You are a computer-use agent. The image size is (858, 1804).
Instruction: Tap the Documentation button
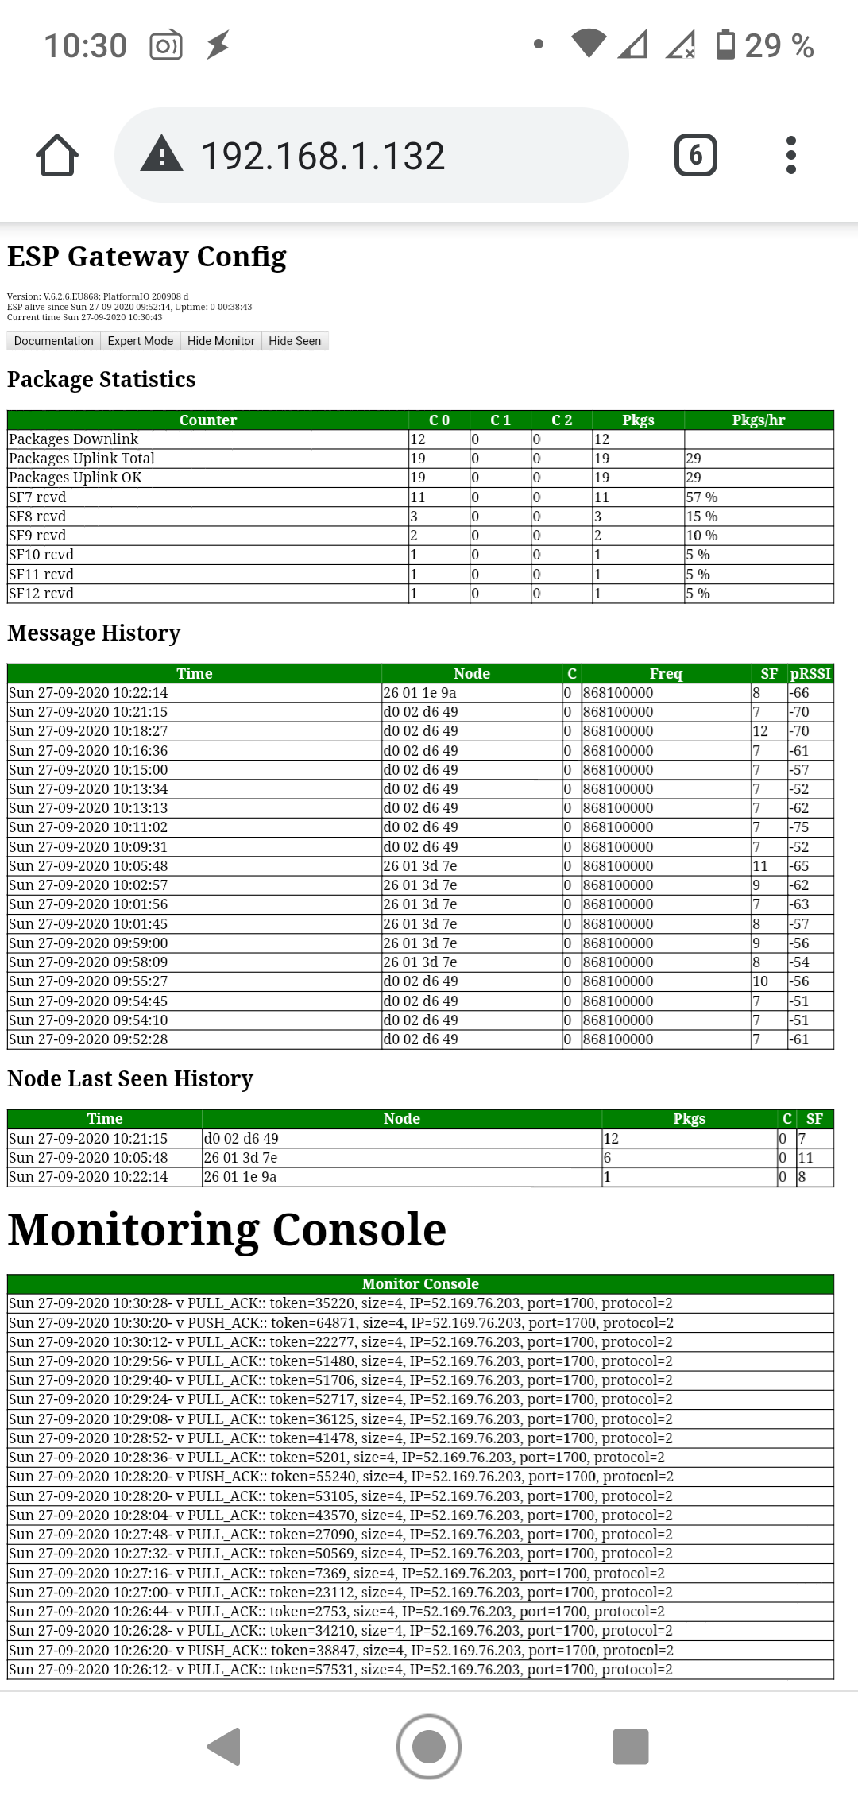(53, 341)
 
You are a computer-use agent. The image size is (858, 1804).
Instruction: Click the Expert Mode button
(141, 341)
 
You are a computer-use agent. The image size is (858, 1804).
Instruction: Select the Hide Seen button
(295, 341)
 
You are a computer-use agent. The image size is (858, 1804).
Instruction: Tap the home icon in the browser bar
(57, 155)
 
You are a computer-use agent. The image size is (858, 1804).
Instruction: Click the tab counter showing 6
(695, 155)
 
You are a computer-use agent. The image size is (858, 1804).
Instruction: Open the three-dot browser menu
(790, 155)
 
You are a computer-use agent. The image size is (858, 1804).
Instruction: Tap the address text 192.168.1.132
(323, 156)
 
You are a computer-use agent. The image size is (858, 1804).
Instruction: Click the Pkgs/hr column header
(758, 420)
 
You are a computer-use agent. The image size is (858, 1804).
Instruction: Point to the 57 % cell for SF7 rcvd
(701, 497)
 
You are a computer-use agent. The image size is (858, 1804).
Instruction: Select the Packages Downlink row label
(74, 439)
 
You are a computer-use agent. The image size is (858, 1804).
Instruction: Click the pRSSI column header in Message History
(810, 674)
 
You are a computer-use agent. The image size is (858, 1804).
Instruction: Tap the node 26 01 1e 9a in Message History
(419, 693)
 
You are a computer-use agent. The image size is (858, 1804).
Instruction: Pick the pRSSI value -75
(798, 827)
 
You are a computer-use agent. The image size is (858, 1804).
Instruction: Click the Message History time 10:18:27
(88, 731)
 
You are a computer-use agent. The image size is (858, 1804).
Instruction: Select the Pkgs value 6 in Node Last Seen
(608, 1158)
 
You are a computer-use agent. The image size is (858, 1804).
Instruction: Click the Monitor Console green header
(420, 1284)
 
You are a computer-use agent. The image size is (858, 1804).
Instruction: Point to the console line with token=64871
(341, 1323)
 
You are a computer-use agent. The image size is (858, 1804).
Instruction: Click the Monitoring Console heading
(227, 1230)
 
